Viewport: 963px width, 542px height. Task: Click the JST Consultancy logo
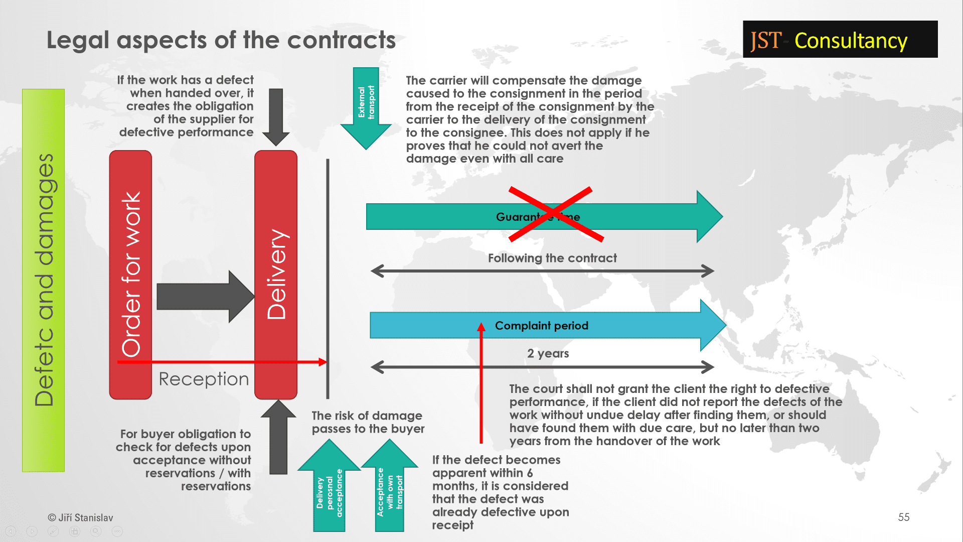click(840, 39)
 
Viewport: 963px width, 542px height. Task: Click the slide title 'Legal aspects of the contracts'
click(221, 40)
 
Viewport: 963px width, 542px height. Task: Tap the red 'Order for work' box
click(130, 275)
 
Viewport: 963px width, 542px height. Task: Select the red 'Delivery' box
click(276, 275)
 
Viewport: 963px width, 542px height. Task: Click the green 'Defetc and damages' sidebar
click(43, 281)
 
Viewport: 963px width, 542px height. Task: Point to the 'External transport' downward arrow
click(366, 108)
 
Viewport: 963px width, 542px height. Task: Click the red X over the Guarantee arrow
click(556, 214)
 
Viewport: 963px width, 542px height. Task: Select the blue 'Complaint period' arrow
click(548, 325)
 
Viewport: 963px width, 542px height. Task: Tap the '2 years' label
click(548, 353)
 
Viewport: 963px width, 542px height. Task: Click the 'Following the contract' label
click(552, 258)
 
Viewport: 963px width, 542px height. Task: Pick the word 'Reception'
click(204, 379)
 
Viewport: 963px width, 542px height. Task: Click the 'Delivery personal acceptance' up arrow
click(329, 486)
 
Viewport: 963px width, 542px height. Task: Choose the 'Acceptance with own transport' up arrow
click(390, 486)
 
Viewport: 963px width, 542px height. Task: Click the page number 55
click(904, 517)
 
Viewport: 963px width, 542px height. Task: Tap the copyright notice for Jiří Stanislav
click(80, 517)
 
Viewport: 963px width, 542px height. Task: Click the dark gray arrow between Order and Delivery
click(206, 296)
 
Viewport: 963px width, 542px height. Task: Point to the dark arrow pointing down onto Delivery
click(276, 117)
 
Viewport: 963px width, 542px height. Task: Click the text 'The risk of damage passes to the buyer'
click(368, 422)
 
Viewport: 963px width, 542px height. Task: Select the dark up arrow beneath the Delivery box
click(278, 437)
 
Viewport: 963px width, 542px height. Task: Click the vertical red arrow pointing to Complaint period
click(481, 382)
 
